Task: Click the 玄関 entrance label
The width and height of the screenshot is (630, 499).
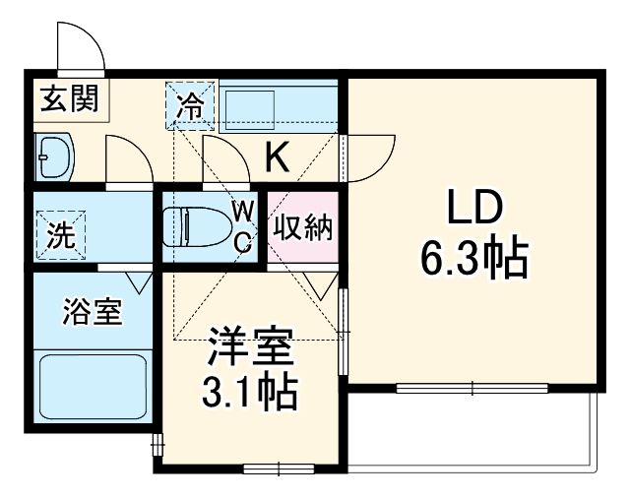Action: pos(68,99)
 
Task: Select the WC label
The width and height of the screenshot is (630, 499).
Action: pos(244,224)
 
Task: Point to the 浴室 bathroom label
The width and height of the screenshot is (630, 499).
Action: pos(92,314)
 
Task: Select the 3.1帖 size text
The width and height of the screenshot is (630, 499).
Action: pos(250,393)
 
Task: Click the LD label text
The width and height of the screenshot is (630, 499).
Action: pos(475,209)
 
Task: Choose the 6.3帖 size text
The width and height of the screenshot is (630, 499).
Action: pos(475,260)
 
